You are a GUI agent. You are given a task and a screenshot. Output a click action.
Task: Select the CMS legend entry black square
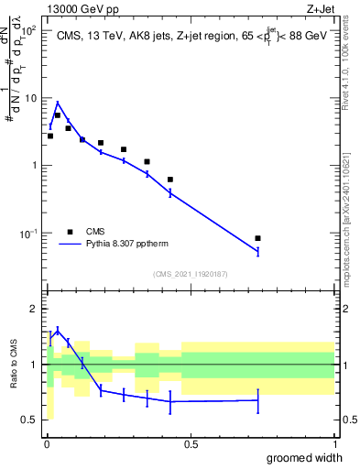pyautogui.click(x=70, y=231)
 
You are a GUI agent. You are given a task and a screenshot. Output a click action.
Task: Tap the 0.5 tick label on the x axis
pyautogui.click(x=191, y=444)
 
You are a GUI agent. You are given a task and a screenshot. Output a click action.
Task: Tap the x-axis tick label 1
pyautogui.click(x=334, y=444)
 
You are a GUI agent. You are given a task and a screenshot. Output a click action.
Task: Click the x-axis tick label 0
pyautogui.click(x=47, y=444)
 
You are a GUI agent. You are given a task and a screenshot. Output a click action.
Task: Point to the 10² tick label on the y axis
pyautogui.click(x=29, y=30)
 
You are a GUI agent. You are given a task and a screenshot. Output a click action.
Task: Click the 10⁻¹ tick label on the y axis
pyautogui.click(x=29, y=234)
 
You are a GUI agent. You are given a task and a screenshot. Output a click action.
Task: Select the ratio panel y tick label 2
pyautogui.click(x=34, y=309)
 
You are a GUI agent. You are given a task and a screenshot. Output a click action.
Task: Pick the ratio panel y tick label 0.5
pyautogui.click(x=31, y=420)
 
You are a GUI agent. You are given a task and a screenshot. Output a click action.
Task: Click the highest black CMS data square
pyautogui.click(x=58, y=115)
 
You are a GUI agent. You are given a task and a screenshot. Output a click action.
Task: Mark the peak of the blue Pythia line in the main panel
pyautogui.click(x=58, y=103)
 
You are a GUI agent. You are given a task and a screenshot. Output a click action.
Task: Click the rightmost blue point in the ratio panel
pyautogui.click(x=257, y=400)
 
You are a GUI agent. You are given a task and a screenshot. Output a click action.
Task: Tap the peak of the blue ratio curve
pyautogui.click(x=58, y=331)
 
